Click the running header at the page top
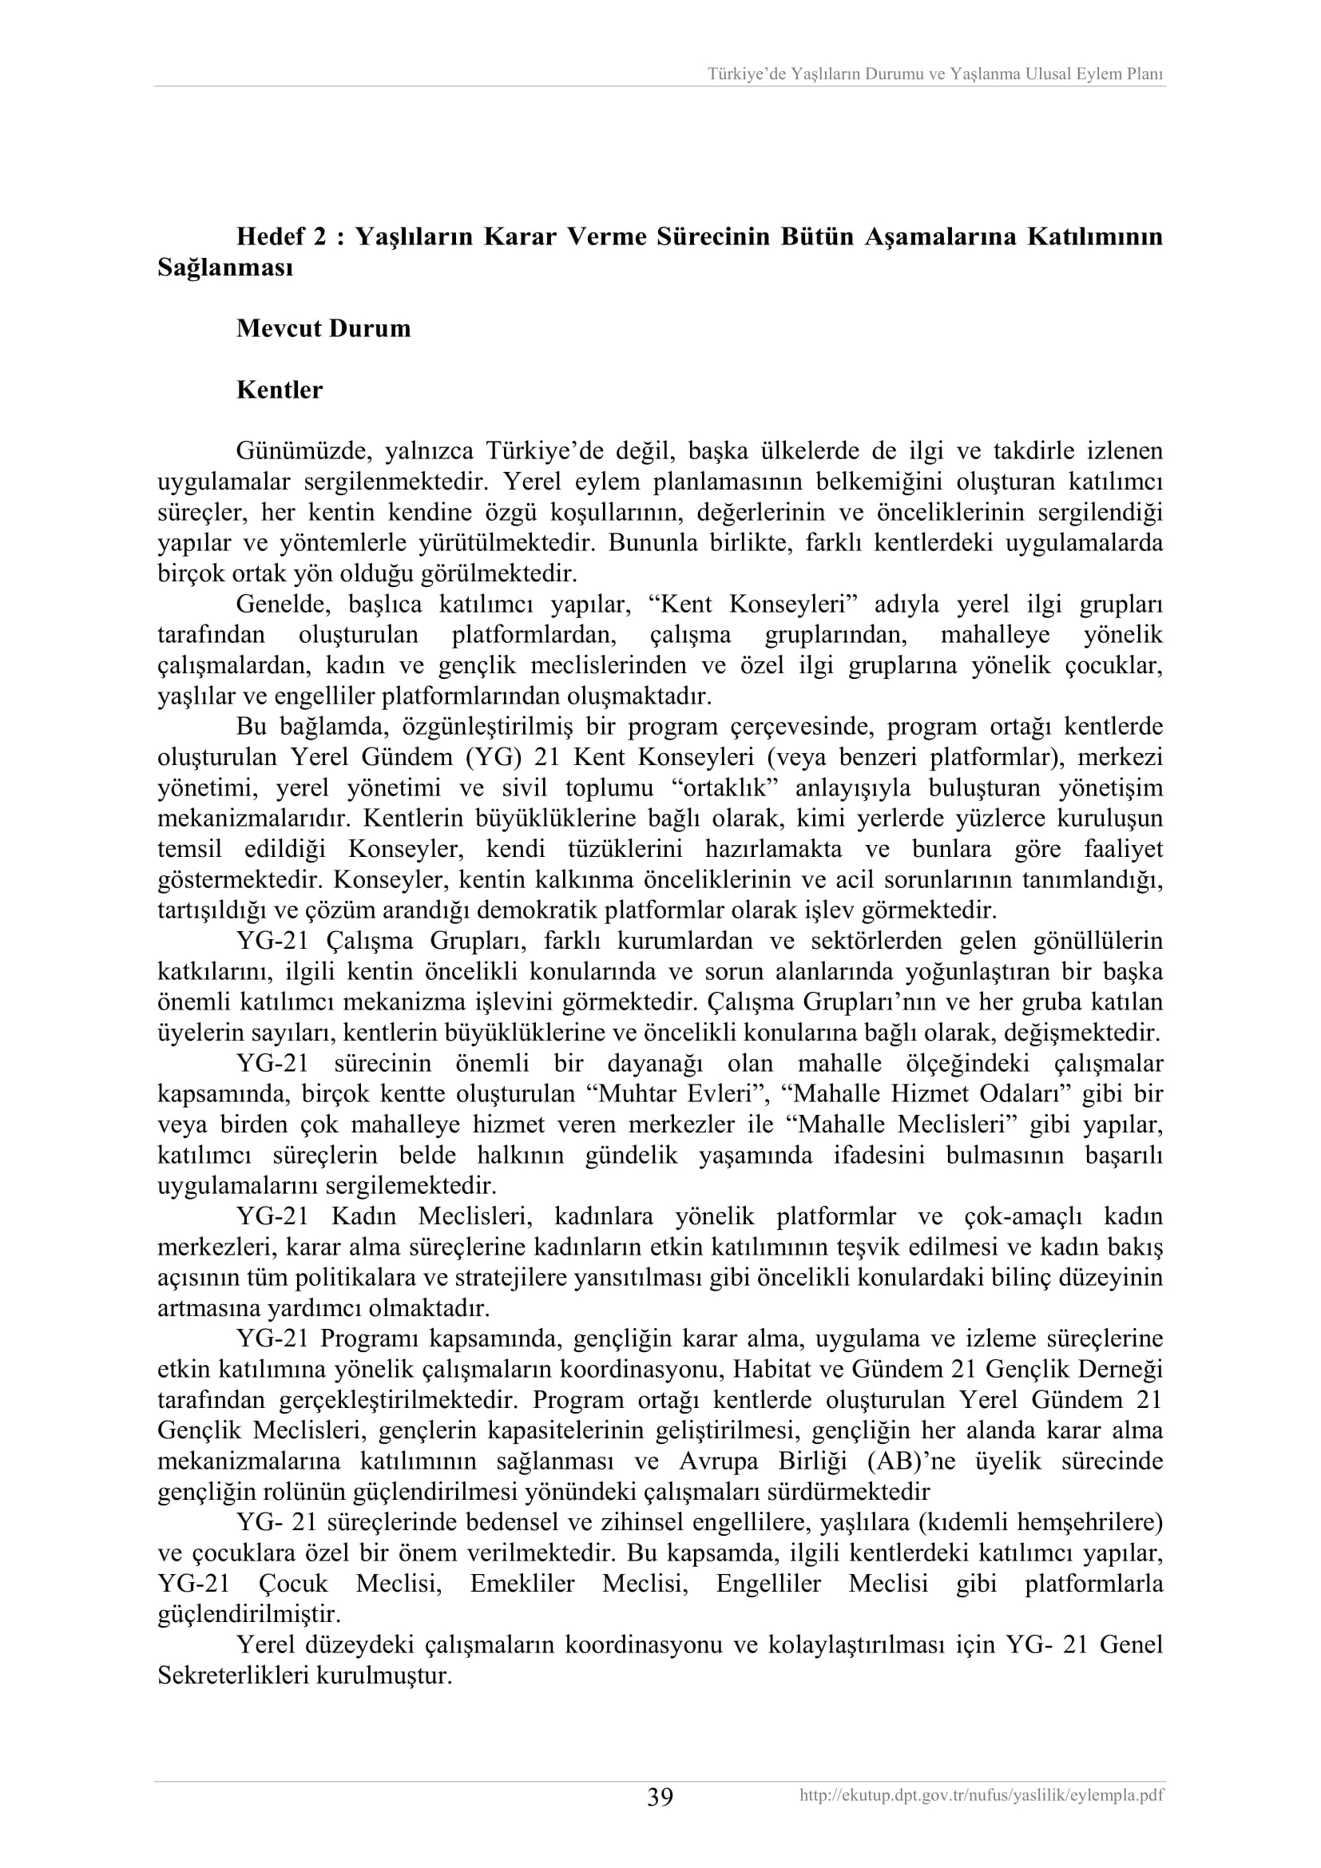click(935, 74)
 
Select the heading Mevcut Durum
click(323, 329)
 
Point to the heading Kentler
click(279, 390)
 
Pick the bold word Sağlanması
click(224, 268)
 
